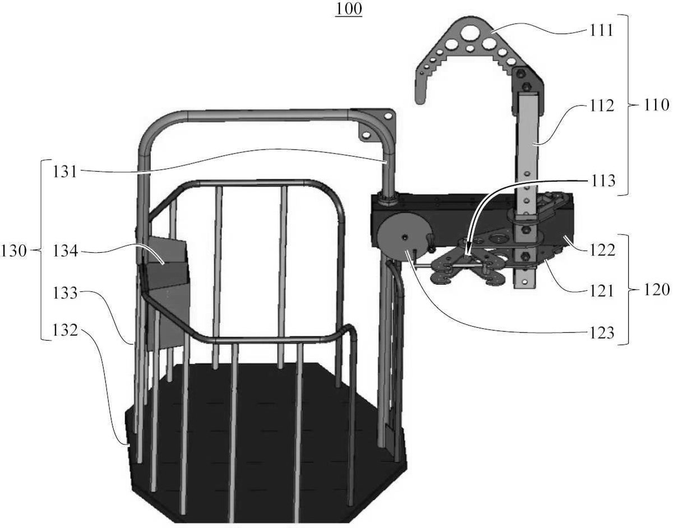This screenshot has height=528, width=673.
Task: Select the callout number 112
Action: [601, 106]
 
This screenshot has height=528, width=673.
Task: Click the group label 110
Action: [656, 105]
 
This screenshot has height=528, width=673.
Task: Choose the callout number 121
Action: [601, 291]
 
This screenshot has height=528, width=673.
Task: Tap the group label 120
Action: [657, 290]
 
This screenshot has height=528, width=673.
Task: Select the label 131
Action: [65, 172]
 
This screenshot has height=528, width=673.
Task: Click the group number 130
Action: [13, 251]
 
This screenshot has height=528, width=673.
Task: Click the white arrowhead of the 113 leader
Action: [468, 254]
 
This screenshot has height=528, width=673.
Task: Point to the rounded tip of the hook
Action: [421, 99]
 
